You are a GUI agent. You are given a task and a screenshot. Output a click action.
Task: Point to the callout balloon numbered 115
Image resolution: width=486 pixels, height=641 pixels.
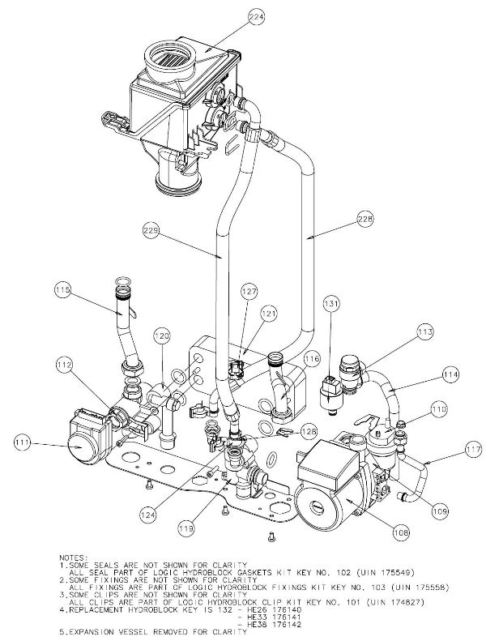pos(62,288)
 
